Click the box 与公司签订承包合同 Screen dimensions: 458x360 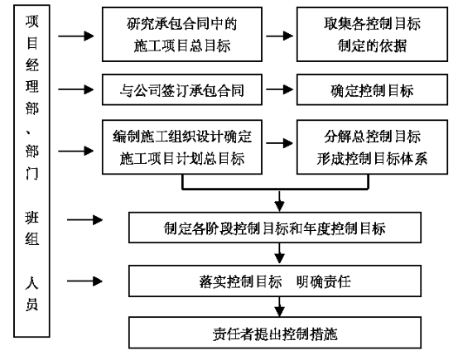182,89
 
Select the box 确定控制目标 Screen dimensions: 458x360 372,89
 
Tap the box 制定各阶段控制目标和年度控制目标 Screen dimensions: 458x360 275,228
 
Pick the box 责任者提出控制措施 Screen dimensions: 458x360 275,333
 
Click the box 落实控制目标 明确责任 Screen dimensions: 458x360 275,281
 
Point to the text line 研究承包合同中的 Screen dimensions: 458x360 181,24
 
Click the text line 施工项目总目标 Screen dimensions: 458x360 182,46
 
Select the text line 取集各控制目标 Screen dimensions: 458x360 372,24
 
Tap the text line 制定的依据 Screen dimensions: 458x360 372,46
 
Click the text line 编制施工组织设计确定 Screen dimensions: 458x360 182,137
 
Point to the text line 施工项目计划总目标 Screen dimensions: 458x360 182,159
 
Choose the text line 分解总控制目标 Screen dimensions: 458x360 372,137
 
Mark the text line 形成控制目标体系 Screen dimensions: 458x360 372,159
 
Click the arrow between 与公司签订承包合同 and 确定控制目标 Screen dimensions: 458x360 280,89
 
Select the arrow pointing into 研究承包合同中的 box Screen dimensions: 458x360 76,36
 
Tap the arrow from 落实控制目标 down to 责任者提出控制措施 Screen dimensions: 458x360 280,306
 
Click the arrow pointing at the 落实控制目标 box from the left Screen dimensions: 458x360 84,281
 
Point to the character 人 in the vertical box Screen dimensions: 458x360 31,283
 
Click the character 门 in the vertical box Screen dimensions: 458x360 31,174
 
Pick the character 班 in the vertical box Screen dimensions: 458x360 31,217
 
